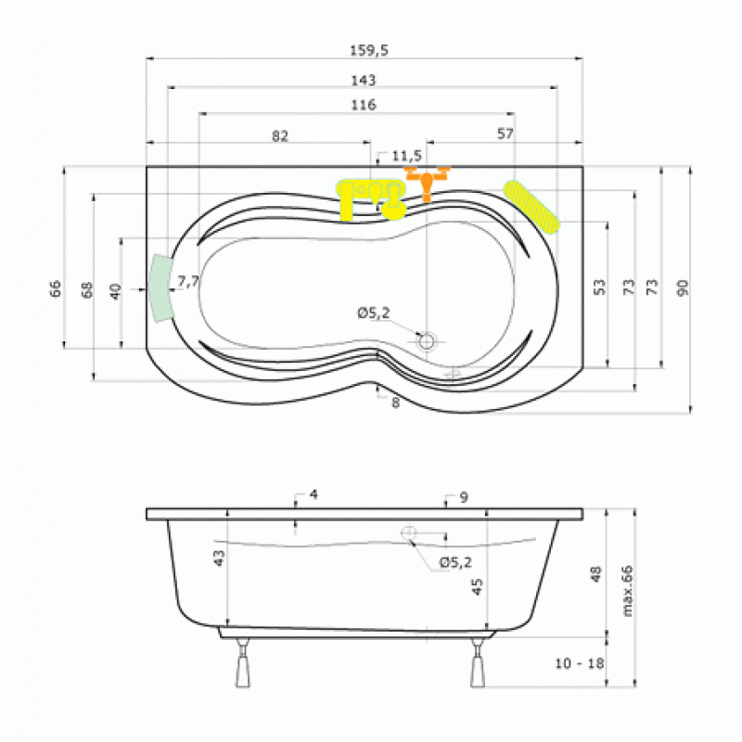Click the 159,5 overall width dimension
(369, 50)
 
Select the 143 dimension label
(363, 81)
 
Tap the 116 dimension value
(363, 105)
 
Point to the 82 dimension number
(280, 136)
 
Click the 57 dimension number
(505, 134)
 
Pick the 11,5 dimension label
(406, 156)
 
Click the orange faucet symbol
(427, 183)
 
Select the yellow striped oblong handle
(531, 207)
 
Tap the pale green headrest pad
(160, 288)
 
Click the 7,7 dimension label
(187, 282)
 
